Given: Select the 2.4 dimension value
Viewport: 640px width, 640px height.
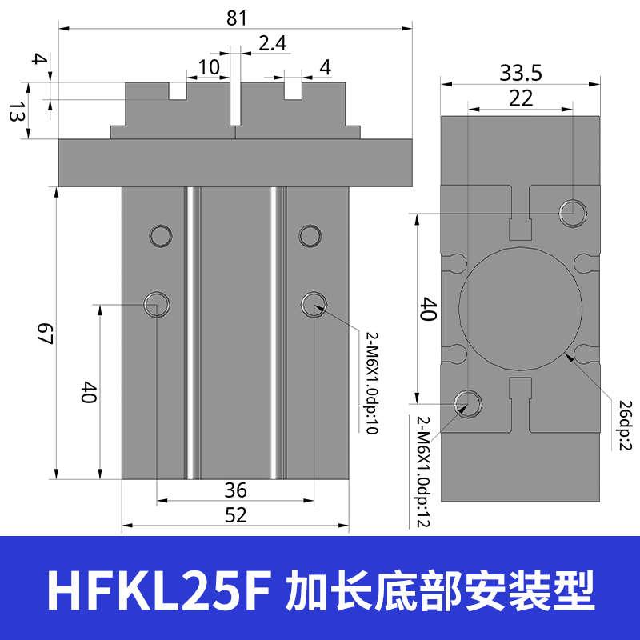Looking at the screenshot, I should [x=272, y=43].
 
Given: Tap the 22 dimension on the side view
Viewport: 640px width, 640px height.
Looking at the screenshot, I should [x=521, y=98].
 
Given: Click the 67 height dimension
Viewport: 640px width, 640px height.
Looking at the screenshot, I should [x=44, y=334].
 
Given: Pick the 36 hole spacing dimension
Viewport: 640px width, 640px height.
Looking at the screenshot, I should [x=236, y=490].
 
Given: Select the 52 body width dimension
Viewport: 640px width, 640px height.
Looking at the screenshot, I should [x=236, y=515].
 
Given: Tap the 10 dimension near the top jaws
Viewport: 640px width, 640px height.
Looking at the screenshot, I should [x=208, y=67].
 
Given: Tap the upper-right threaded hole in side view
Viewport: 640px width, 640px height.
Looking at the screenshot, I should [x=573, y=213].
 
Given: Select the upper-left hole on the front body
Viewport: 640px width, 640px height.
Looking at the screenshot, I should [x=159, y=235].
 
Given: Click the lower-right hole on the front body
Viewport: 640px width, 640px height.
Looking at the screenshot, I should [x=313, y=304].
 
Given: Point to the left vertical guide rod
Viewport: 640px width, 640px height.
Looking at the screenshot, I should [x=192, y=332].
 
